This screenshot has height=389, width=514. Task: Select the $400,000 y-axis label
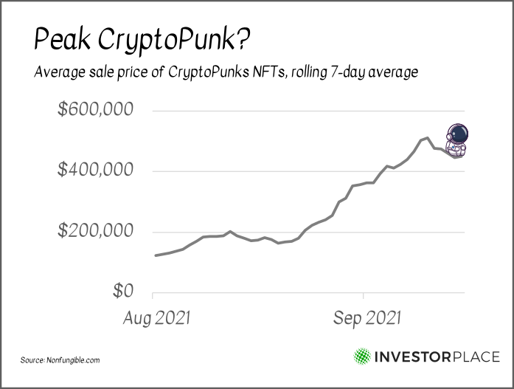click(96, 171)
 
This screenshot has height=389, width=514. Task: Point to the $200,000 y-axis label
click(96, 232)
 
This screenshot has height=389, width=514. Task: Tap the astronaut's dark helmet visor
click(459, 134)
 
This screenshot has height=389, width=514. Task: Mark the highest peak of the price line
click(428, 137)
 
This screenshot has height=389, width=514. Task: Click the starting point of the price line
click(154, 255)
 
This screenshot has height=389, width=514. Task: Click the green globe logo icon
click(363, 357)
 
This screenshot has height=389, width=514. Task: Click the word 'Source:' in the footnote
click(33, 360)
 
